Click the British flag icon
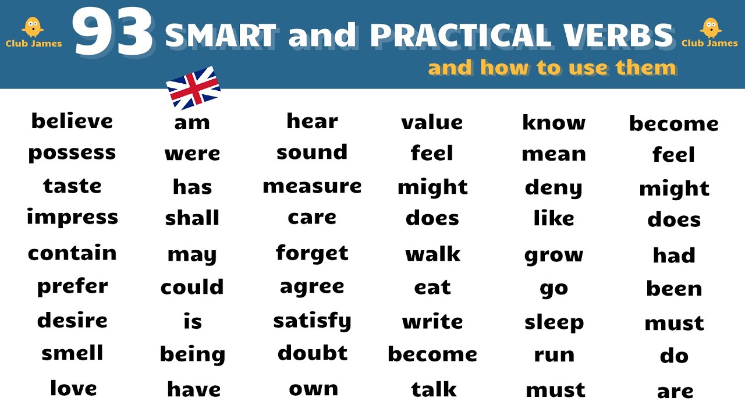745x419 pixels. click(x=193, y=88)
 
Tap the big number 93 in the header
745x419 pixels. click(x=114, y=35)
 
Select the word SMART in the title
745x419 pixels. click(x=221, y=36)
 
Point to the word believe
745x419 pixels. click(x=72, y=121)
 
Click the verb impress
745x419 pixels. click(x=72, y=217)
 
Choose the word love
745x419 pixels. click(x=73, y=388)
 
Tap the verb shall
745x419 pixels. click(x=192, y=218)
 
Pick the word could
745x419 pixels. click(x=192, y=287)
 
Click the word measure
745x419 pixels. click(x=312, y=186)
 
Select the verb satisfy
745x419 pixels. click(x=312, y=321)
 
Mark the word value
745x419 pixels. click(x=432, y=122)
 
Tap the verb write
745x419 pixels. click(x=432, y=321)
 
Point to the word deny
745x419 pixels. click(x=554, y=188)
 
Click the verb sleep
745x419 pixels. click(x=554, y=322)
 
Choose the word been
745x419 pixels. click(x=674, y=289)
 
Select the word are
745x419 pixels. click(x=675, y=391)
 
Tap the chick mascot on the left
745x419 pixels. click(x=33, y=27)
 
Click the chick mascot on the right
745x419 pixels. click(x=709, y=27)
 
